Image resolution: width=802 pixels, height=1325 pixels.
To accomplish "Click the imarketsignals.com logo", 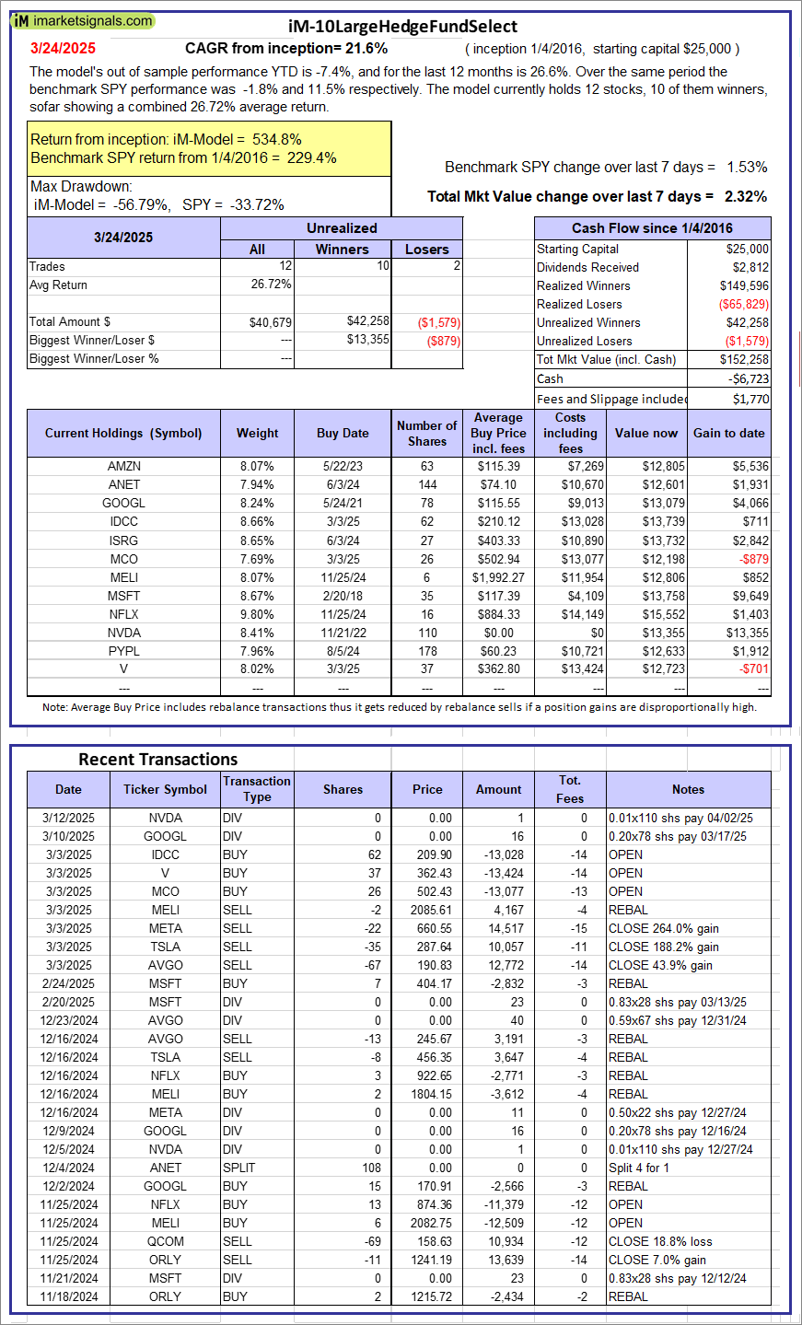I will click(83, 20).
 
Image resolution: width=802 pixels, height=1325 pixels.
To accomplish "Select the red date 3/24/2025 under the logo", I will click(63, 49).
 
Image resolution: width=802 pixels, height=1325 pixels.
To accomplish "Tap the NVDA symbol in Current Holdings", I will click(123, 633).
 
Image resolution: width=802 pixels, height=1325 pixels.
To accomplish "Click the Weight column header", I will click(258, 433).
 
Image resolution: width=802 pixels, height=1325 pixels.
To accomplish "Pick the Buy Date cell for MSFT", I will click(343, 596).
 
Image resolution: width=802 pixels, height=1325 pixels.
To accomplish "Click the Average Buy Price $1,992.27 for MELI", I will click(498, 577).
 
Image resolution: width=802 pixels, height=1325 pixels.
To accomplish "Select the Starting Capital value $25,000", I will click(747, 249).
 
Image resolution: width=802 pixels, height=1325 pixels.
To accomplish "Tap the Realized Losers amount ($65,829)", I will click(743, 304).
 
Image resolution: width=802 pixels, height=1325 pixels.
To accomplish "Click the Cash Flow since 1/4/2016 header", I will click(652, 228).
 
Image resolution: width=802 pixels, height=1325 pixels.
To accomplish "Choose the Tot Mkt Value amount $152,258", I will click(744, 359).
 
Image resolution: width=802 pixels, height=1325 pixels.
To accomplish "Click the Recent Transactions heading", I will click(158, 760).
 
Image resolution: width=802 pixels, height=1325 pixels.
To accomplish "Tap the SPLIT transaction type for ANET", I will click(238, 1168).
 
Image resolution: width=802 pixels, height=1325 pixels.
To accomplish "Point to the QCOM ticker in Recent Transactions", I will click(166, 1241).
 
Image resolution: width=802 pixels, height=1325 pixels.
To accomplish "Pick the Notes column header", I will click(688, 789).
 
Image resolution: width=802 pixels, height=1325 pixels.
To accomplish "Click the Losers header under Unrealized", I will click(427, 249).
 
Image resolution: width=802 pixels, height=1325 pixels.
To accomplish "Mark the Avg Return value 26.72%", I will click(272, 285).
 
